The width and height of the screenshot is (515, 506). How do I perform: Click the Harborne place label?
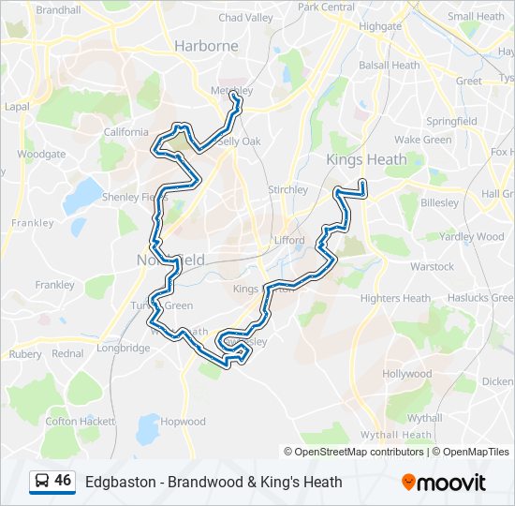[x=206, y=45]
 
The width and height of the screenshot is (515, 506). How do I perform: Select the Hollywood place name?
[x=406, y=374]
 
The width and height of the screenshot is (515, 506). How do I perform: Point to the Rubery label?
[x=25, y=354]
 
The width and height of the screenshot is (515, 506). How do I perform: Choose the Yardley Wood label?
[x=471, y=237]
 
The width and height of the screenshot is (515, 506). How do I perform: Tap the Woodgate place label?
[x=41, y=154]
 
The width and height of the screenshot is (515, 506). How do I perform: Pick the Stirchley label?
[x=287, y=189]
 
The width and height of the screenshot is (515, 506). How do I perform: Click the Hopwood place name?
[x=183, y=422]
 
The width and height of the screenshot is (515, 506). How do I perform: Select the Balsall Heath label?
[x=390, y=66]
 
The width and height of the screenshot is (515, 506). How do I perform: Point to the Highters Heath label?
[x=395, y=298]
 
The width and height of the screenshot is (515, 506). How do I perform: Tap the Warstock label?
[x=432, y=266]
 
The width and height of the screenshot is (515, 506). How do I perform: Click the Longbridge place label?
[x=123, y=348]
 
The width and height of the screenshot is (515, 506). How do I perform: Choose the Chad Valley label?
[x=246, y=17]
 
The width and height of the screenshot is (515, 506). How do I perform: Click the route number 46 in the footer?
[x=63, y=481]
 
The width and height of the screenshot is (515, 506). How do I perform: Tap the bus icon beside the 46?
[x=42, y=482]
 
